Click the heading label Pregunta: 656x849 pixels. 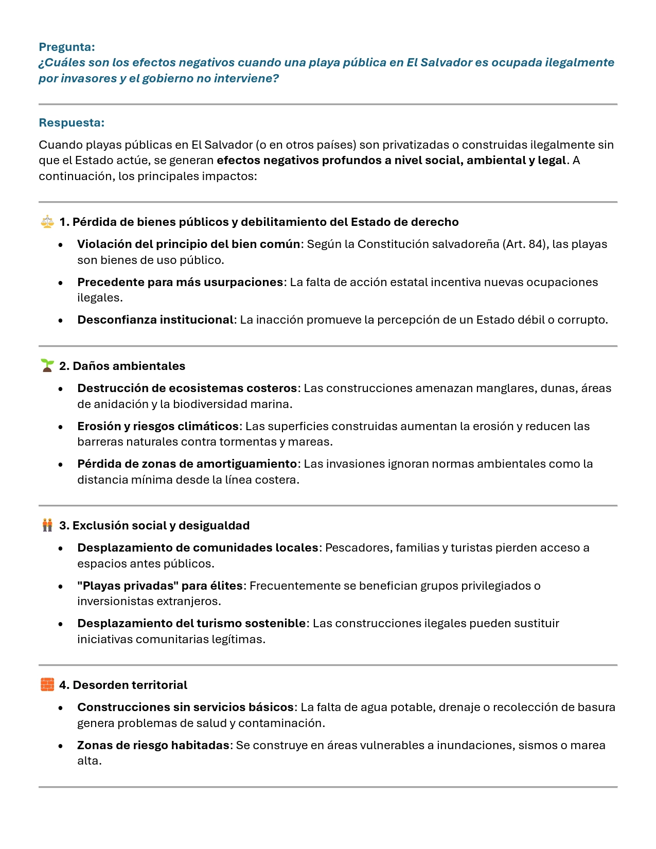coord(67,47)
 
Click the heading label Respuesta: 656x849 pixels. coord(72,122)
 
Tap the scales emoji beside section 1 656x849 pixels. coord(47,222)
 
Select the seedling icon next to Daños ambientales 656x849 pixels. coord(47,366)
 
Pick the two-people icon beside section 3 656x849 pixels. coord(47,525)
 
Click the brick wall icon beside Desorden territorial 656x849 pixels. coord(47,685)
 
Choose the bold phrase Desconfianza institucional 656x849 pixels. coord(155,320)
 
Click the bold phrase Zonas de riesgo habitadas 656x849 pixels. coord(153,745)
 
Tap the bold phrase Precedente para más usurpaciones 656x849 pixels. coord(180,282)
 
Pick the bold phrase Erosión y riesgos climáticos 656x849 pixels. coord(158,426)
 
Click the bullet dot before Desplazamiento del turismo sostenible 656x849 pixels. coord(61,624)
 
